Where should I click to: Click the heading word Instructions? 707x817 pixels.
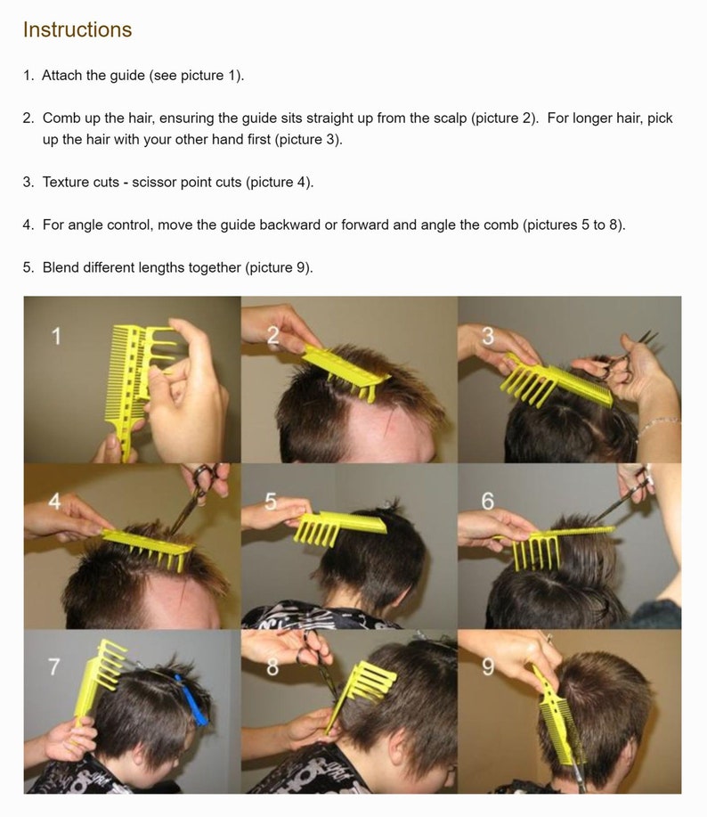point(77,29)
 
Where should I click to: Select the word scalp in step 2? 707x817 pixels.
point(448,118)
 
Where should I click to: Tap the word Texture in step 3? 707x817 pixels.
point(63,183)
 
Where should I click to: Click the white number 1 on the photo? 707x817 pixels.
point(56,336)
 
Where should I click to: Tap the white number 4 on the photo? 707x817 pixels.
point(54,502)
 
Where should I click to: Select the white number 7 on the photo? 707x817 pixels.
point(54,666)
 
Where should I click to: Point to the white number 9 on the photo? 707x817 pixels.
point(487,666)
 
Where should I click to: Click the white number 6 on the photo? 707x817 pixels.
point(487,502)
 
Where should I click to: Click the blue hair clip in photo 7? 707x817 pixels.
point(191,699)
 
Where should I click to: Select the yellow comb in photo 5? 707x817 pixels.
point(337,527)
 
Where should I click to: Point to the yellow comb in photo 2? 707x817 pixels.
point(345,372)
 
